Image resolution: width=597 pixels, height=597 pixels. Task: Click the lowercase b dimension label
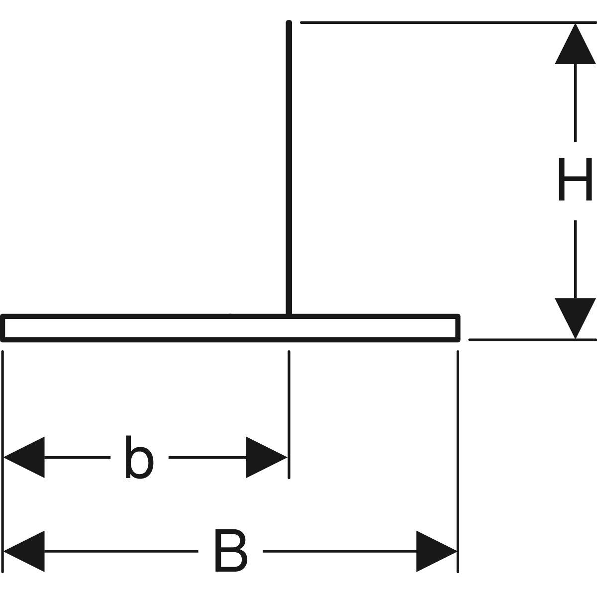pos(139,457)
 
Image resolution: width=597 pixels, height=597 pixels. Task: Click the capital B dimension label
pos(230,551)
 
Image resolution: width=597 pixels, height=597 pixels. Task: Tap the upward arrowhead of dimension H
pos(575,45)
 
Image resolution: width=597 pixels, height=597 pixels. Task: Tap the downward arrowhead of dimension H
pos(575,317)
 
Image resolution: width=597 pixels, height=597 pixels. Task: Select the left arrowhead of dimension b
pos(25,457)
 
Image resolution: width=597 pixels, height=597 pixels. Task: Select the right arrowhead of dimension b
pos(266,457)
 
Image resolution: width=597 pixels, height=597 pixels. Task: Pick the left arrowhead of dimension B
pos(25,551)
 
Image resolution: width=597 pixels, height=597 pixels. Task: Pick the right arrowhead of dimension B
pos(436,551)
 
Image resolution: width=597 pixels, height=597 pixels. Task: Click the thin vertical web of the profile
pos(289,169)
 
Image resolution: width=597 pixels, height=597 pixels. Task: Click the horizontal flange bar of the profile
pos(149,328)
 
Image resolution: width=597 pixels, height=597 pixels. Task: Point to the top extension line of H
pos(438,22)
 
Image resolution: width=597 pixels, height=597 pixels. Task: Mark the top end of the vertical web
pos(289,23)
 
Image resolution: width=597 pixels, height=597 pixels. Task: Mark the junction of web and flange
pos(289,315)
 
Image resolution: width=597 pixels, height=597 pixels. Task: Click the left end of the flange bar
pos(3,328)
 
